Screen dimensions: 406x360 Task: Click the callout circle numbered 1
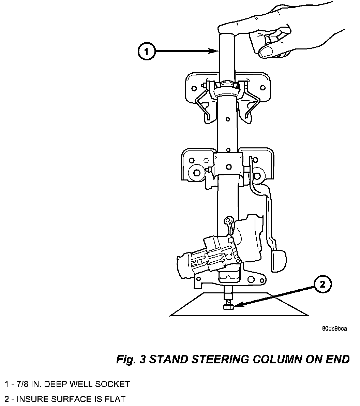146,52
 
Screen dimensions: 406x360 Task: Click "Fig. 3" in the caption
131,359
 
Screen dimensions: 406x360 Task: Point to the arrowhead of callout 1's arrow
214,52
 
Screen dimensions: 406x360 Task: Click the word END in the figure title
338,359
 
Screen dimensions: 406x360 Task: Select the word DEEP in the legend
54,384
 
